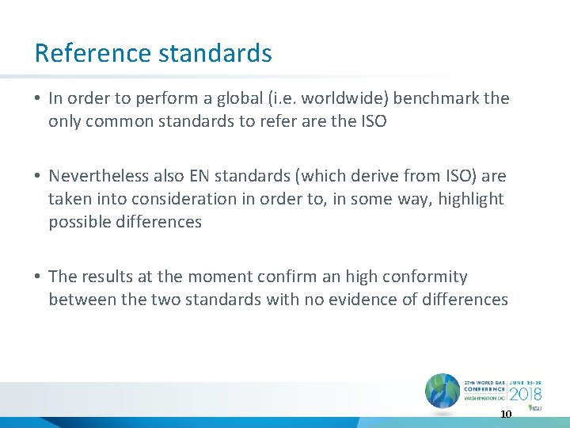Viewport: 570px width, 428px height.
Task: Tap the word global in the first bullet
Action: (x=230, y=98)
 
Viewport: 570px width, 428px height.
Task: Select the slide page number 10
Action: (x=505, y=414)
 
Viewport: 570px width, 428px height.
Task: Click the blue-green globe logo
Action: (x=442, y=392)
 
